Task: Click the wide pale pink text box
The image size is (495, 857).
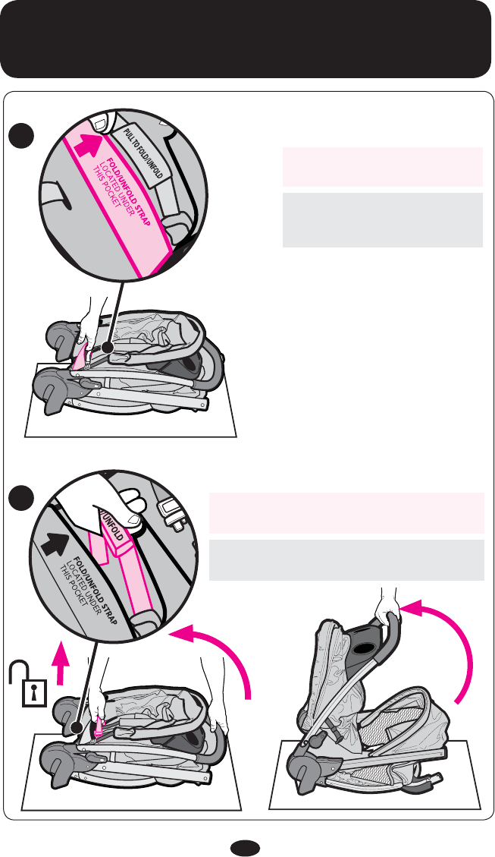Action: (x=346, y=512)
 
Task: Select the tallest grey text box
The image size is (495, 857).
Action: (x=382, y=220)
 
